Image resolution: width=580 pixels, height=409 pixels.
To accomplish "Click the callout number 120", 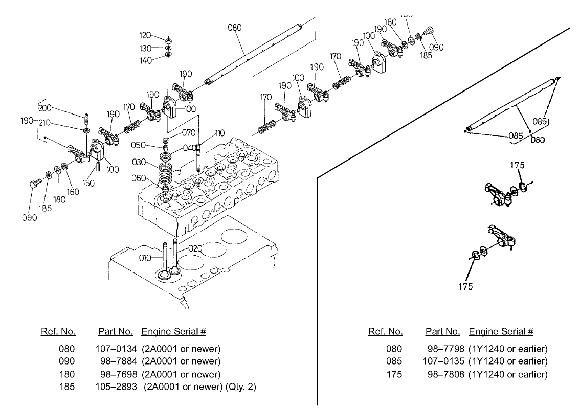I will click(x=146, y=36).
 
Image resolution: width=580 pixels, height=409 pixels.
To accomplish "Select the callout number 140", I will click(x=146, y=60).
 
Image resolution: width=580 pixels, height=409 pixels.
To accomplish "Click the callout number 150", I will click(x=88, y=183).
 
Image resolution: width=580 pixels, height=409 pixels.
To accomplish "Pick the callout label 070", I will click(x=189, y=133).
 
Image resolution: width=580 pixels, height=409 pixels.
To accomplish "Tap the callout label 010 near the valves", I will click(x=146, y=258).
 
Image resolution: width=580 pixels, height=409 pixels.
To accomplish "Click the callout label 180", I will click(x=59, y=199).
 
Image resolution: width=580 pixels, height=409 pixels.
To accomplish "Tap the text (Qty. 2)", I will click(x=241, y=387).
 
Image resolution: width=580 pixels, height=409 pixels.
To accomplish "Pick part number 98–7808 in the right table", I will click(x=446, y=374).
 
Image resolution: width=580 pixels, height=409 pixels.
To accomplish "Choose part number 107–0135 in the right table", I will click(x=444, y=361).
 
